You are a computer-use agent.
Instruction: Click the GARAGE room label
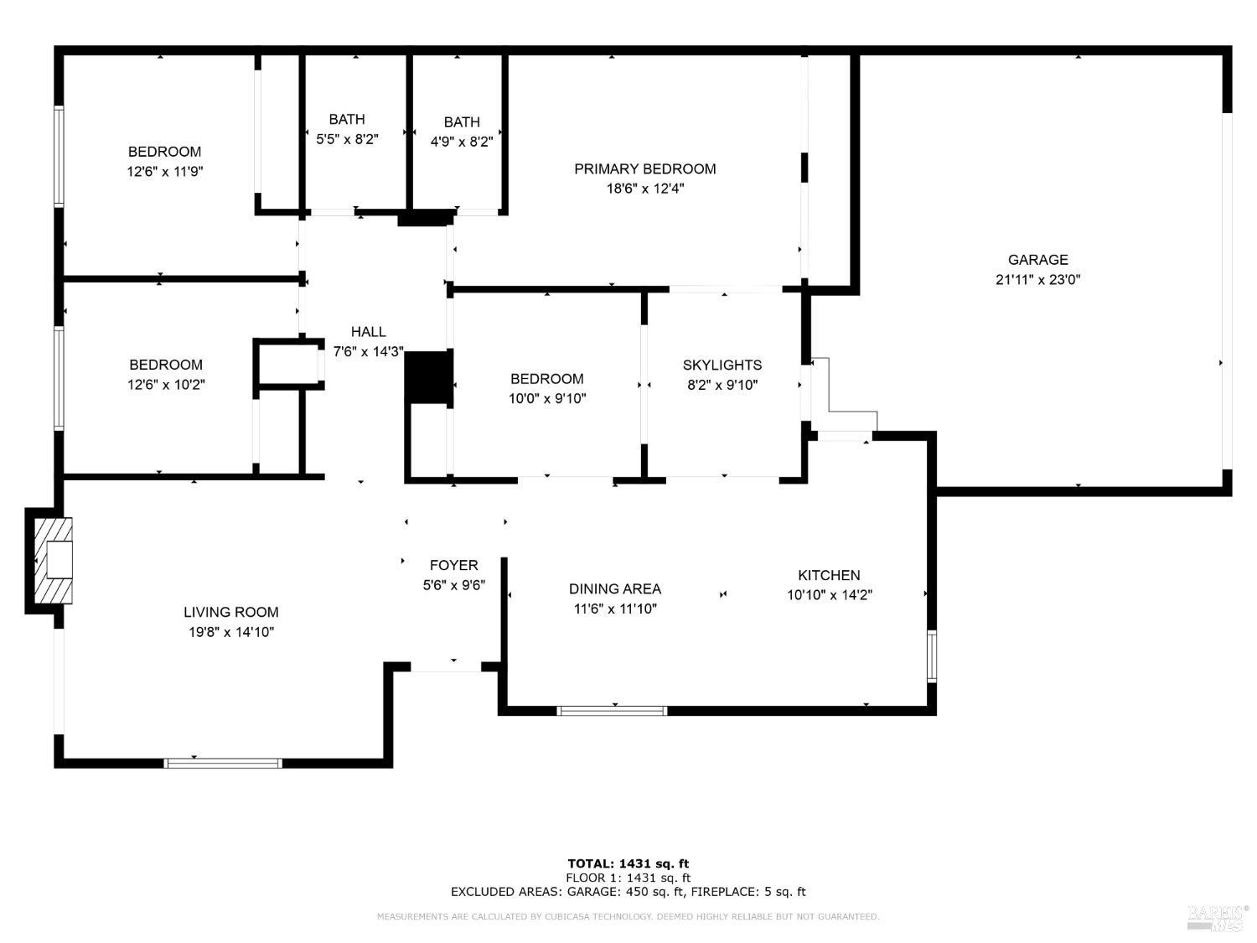tap(1037, 260)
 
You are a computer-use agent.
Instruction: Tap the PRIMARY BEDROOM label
tap(644, 169)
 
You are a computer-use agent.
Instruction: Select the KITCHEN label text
tap(829, 575)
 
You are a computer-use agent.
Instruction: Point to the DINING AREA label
tap(614, 589)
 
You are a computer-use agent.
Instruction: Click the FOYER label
tap(453, 565)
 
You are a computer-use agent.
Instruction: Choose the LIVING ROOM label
tap(231, 613)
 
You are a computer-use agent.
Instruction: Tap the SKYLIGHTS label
tap(722, 365)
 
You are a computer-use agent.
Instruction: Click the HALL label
tap(368, 332)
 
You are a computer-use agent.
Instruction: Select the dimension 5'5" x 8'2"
tap(347, 139)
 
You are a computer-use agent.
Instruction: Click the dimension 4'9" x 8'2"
tap(462, 142)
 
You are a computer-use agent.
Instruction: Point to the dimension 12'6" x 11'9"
tap(164, 172)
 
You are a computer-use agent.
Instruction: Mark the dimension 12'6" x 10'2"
tap(165, 385)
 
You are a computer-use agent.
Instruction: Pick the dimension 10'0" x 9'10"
tap(547, 399)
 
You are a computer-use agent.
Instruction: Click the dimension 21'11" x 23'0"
tap(1037, 280)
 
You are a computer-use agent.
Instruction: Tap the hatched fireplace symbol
tap(53, 561)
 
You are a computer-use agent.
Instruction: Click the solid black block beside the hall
tap(429, 378)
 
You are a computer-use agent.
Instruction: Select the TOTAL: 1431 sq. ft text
tap(628, 863)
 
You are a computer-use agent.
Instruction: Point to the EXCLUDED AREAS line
tap(628, 892)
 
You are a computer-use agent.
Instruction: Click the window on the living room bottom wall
tap(223, 763)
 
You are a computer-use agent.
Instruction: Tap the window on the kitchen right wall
tap(931, 656)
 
